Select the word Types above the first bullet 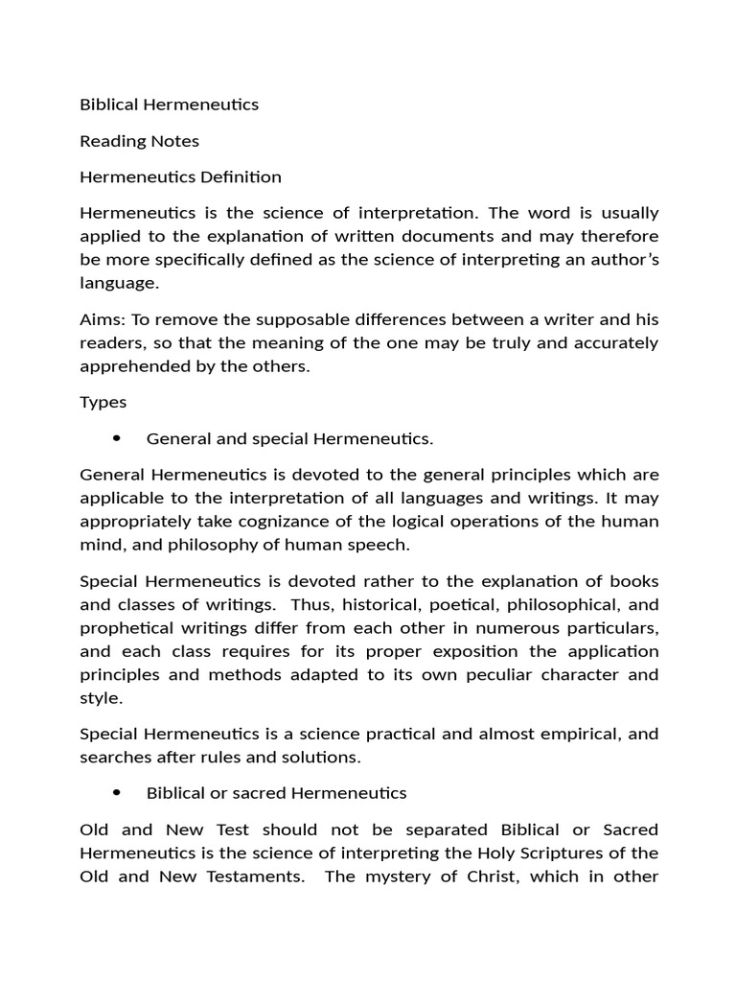[x=103, y=403]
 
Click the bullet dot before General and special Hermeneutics [x=116, y=438]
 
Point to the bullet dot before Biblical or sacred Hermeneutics [x=116, y=793]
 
